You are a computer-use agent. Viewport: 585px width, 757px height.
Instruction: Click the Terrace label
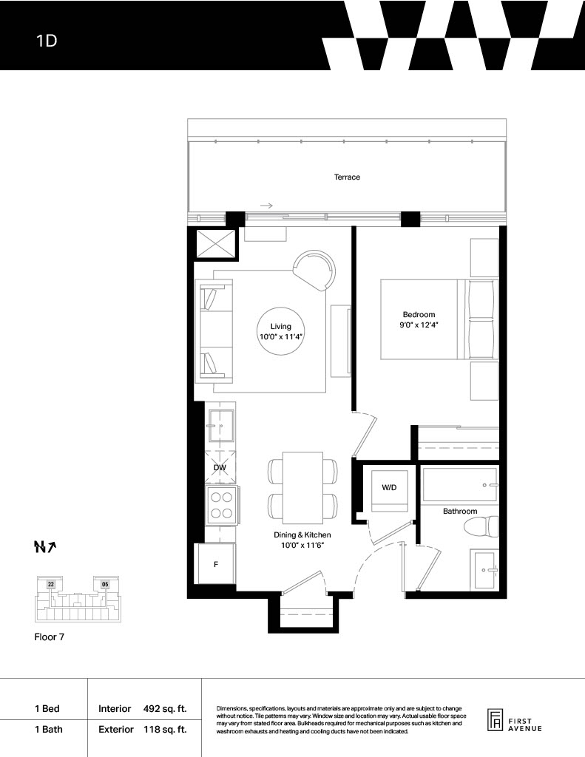[x=347, y=177]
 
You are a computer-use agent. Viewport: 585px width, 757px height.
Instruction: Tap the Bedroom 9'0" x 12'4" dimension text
[x=419, y=325]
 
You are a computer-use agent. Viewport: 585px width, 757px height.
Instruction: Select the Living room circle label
[x=280, y=332]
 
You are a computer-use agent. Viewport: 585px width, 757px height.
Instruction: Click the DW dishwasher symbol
[x=220, y=467]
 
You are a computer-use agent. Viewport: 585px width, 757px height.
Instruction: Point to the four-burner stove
[x=222, y=506]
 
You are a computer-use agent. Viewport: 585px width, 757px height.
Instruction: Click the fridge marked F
[x=215, y=564]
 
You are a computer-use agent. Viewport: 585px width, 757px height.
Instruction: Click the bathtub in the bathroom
[x=460, y=485]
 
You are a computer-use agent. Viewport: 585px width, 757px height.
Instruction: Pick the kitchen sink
[x=221, y=426]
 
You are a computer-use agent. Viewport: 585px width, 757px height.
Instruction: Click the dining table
[x=303, y=488]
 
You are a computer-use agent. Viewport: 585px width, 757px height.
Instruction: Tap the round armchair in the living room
[x=314, y=271]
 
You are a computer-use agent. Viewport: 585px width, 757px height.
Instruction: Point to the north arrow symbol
[x=45, y=546]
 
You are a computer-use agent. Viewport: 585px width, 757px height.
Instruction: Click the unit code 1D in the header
[x=47, y=41]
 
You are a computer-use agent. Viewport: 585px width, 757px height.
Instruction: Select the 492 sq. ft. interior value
[x=165, y=709]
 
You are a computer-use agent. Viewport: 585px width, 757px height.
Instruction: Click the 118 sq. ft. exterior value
[x=165, y=730]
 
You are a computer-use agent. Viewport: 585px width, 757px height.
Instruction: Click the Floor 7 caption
[x=50, y=637]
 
